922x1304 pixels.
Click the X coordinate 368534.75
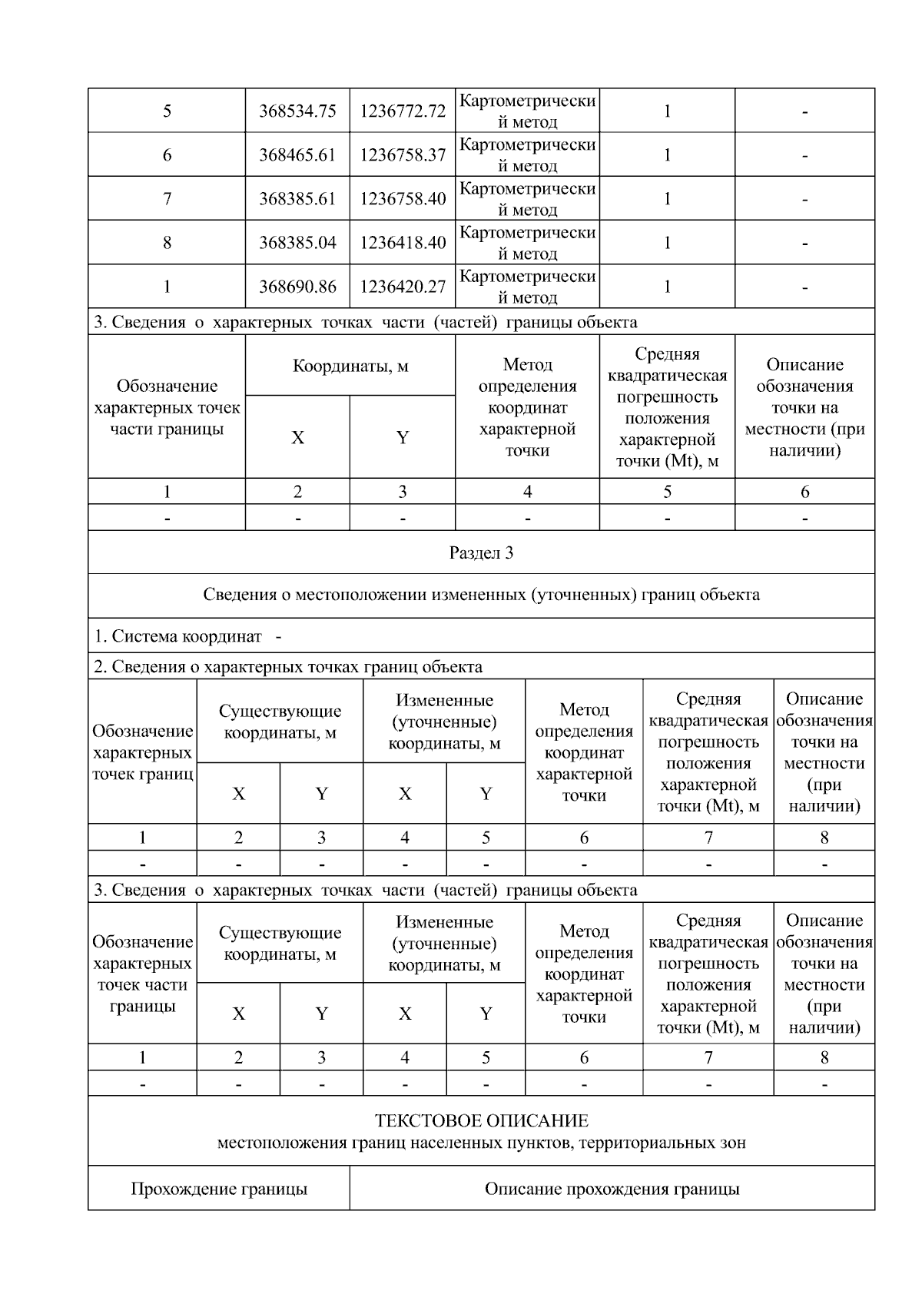(297, 111)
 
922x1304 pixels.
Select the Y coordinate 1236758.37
(403, 155)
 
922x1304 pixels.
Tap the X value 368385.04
(297, 243)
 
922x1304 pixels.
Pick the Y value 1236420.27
(403, 287)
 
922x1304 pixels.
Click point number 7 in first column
(167, 199)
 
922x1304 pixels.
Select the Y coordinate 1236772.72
(403, 111)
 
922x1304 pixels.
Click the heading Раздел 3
(481, 552)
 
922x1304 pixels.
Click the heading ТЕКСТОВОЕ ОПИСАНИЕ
(481, 1121)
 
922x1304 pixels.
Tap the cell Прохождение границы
(219, 1189)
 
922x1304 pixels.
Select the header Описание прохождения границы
(612, 1189)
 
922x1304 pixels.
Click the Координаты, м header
(350, 366)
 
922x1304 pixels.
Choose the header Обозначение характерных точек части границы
(167, 407)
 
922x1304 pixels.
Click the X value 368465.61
(297, 155)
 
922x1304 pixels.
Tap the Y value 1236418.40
(403, 243)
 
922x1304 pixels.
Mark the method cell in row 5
(527, 111)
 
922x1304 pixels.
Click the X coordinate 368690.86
(297, 287)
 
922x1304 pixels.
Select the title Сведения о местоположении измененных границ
(481, 595)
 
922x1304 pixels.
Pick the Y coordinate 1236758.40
(403, 199)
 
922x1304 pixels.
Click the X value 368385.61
(297, 199)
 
